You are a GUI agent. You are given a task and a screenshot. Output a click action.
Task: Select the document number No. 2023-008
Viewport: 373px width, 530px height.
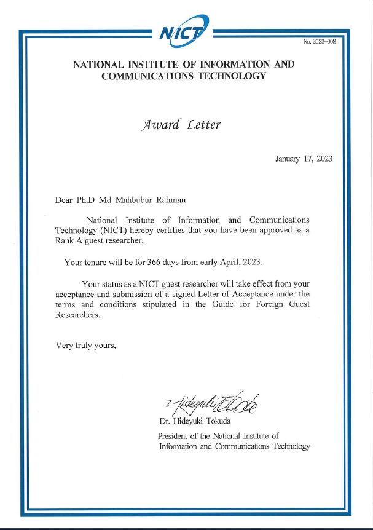click(x=320, y=42)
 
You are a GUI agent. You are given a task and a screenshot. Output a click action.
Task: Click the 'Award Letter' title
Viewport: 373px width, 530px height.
click(x=181, y=125)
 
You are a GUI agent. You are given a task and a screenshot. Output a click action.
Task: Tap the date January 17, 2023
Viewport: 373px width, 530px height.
click(x=304, y=159)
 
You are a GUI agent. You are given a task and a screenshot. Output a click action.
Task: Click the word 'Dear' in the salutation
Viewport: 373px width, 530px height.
click(x=65, y=199)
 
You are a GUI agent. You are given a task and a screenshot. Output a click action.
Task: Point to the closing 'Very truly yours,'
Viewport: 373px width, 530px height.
click(x=86, y=345)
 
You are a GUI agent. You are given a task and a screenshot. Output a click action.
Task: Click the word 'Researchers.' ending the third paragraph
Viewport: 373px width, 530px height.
click(x=77, y=315)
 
